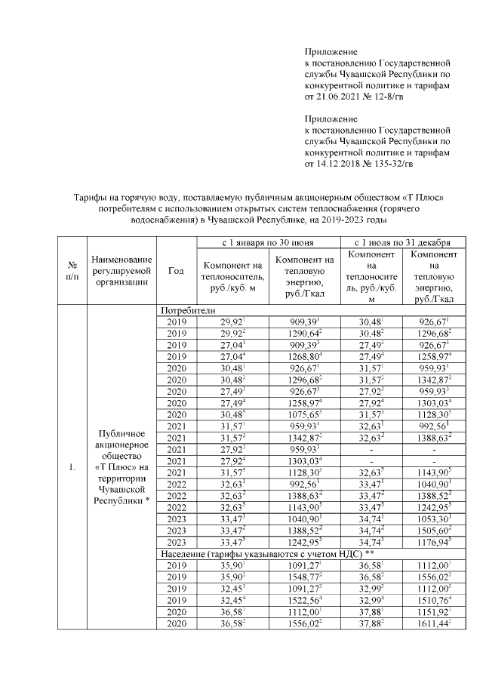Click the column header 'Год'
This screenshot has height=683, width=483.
click(x=176, y=271)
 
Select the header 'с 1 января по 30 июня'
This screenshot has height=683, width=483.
click(x=268, y=243)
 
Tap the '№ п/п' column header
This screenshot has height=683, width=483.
click(x=72, y=271)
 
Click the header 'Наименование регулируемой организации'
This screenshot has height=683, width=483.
click(x=121, y=271)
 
